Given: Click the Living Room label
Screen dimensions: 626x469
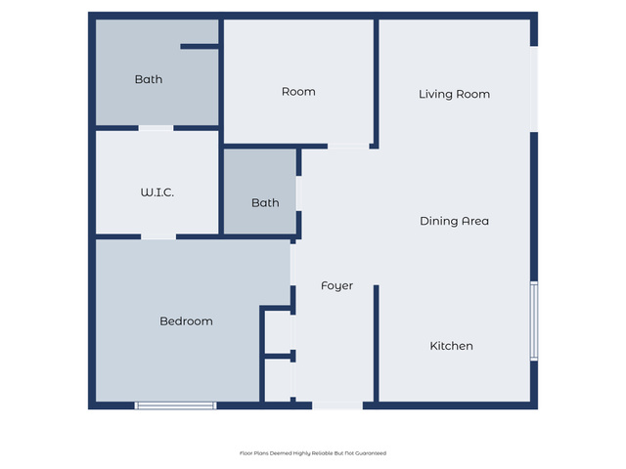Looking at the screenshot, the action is [454, 94].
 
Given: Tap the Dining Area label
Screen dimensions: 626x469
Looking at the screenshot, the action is [454, 221].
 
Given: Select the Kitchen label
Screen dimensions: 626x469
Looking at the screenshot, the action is [451, 346].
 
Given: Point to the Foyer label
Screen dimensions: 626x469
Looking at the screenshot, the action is [336, 286].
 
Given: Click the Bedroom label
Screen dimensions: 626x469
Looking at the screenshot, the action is [186, 321].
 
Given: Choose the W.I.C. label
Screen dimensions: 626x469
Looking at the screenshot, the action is [156, 192].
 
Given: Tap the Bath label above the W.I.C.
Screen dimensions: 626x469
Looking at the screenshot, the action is [149, 79].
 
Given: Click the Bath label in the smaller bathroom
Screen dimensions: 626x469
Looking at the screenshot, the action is [265, 203].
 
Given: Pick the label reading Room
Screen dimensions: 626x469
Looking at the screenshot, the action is [298, 92].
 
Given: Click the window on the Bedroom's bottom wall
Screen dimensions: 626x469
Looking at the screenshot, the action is [175, 405].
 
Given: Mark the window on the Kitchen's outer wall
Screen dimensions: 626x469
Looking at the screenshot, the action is [534, 321].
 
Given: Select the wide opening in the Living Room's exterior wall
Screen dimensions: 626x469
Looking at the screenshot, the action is [534, 89].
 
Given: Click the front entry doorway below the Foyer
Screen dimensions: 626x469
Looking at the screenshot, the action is [337, 405].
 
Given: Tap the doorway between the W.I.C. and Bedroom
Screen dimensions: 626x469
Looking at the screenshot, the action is [158, 236].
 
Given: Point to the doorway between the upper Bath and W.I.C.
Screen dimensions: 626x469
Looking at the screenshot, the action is [156, 128].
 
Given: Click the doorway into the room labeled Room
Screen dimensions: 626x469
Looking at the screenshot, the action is [348, 147].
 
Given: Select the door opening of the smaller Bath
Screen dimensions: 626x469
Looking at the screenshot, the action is [298, 193].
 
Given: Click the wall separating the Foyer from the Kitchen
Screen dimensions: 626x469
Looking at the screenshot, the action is [376, 343].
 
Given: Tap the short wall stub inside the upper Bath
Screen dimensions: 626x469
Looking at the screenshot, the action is [200, 47].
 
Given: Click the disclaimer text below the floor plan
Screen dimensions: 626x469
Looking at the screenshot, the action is [313, 453].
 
